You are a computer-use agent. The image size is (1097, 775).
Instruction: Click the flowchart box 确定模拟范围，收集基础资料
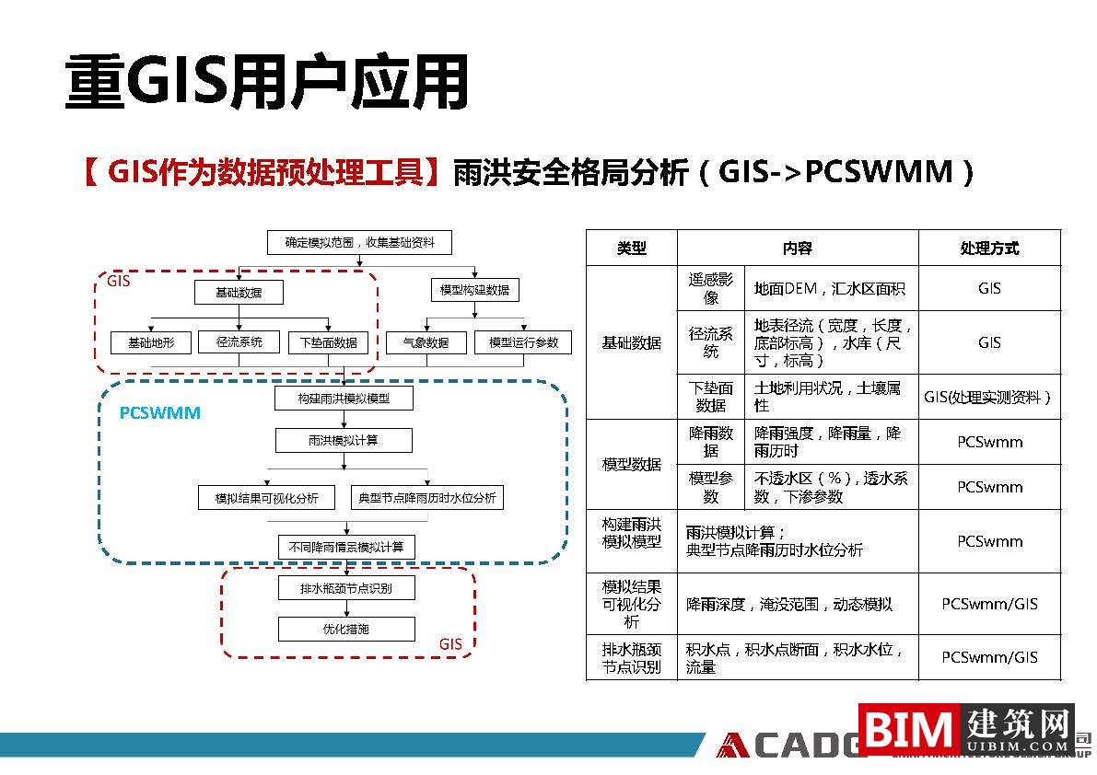tap(359, 243)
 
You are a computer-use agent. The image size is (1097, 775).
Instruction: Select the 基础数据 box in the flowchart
tap(239, 293)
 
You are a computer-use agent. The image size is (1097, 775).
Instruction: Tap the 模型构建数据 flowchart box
tap(474, 290)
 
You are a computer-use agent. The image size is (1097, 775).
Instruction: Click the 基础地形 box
tap(151, 342)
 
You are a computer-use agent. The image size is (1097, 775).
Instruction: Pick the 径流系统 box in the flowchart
tap(239, 342)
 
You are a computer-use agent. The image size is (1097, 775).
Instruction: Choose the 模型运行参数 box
tap(523, 342)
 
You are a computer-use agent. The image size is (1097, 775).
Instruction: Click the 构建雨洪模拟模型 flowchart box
tap(344, 399)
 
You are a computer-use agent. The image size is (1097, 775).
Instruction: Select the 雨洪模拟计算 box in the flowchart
tap(344, 441)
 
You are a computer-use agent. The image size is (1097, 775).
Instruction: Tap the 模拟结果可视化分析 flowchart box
tap(267, 498)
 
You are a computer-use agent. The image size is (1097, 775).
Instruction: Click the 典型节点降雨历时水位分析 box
tap(427, 498)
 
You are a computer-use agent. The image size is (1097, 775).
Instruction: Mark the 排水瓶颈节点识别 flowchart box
tap(346, 588)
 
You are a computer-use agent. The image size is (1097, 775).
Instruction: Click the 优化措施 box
tap(346, 630)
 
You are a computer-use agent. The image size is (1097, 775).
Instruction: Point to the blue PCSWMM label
tap(160, 413)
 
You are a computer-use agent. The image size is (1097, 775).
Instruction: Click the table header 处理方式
tap(989, 249)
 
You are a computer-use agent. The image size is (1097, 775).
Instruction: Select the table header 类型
tap(632, 249)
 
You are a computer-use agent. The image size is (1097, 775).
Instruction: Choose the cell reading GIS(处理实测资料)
tap(988, 397)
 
